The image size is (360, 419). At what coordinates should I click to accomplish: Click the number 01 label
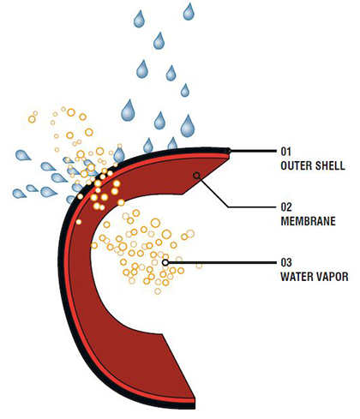pyautogui.click(x=286, y=152)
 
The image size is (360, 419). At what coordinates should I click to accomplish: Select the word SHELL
pyautogui.click(x=331, y=165)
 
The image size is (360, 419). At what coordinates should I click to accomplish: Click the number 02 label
pyautogui.click(x=286, y=207)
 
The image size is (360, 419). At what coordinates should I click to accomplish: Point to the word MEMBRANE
pyautogui.click(x=309, y=221)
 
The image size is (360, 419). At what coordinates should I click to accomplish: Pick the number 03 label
pyautogui.click(x=286, y=262)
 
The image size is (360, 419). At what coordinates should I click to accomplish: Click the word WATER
pyautogui.click(x=297, y=277)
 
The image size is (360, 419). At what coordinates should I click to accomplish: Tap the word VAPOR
pyautogui.click(x=333, y=277)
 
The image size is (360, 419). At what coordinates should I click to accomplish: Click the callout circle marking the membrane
pyautogui.click(x=196, y=176)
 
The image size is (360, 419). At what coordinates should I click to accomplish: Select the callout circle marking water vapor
pyautogui.click(x=165, y=262)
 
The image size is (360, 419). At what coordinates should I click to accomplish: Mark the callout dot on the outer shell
pyautogui.click(x=227, y=151)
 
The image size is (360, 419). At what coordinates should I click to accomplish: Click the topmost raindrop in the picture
pyautogui.click(x=189, y=11)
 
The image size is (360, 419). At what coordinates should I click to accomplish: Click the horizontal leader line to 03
pyautogui.click(x=223, y=262)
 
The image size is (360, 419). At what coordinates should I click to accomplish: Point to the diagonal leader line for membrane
pyautogui.click(x=213, y=191)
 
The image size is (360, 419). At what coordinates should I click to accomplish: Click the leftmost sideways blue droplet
pyautogui.click(x=20, y=194)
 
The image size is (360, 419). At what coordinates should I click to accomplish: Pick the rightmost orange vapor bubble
pyautogui.click(x=199, y=266)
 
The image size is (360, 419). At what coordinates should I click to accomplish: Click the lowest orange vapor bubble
pyautogui.click(x=158, y=291)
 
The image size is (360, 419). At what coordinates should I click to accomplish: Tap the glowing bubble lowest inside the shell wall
pyautogui.click(x=79, y=222)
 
